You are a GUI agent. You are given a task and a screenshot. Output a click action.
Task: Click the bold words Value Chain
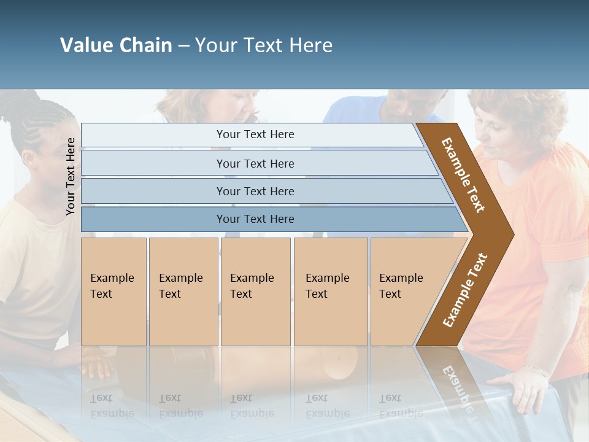click(x=116, y=45)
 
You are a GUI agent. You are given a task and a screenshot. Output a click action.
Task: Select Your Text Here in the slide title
click(x=264, y=45)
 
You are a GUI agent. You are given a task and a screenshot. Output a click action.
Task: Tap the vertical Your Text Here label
click(x=71, y=176)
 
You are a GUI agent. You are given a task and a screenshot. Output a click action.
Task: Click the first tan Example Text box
click(x=114, y=292)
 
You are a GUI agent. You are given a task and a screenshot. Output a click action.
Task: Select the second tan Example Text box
click(x=183, y=292)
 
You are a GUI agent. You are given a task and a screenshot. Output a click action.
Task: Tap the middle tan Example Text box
click(x=255, y=292)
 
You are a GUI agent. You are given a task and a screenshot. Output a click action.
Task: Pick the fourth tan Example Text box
click(x=331, y=292)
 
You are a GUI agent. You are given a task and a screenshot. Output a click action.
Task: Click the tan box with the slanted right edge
click(x=405, y=292)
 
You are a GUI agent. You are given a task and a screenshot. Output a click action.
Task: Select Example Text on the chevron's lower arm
click(x=465, y=290)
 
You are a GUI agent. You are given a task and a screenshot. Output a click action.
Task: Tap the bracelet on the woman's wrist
click(x=539, y=371)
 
